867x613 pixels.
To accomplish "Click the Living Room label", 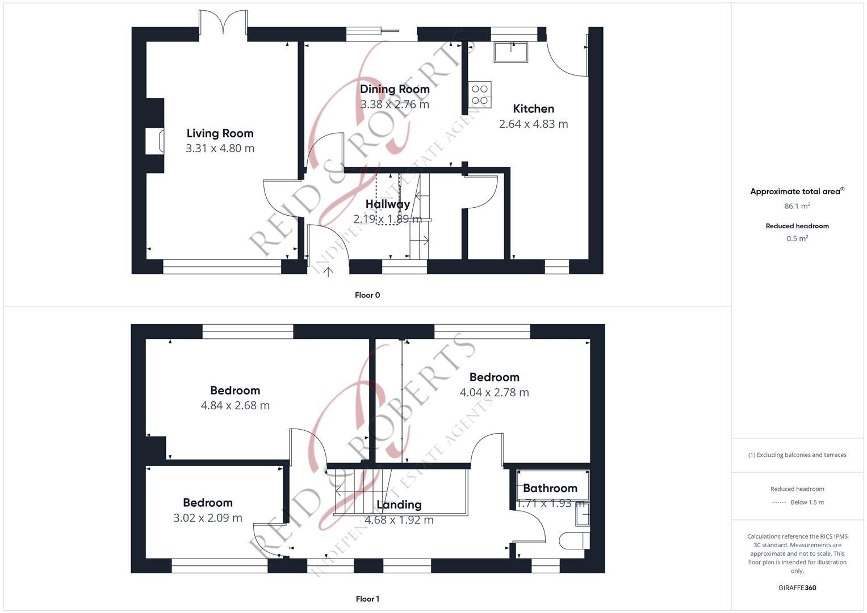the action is tap(220, 133).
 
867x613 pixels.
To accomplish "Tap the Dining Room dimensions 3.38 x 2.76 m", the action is tap(395, 104).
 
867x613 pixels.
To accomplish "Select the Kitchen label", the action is tap(533, 109).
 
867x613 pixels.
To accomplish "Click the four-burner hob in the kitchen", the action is tap(480, 94).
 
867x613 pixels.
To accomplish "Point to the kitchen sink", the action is tap(511, 52).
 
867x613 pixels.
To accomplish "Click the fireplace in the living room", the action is tap(155, 141).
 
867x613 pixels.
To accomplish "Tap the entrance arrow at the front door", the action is tap(328, 272).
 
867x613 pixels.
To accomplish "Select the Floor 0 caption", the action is tap(367, 295).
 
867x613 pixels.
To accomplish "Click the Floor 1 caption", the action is tap(367, 599).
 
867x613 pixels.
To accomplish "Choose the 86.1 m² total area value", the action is tap(797, 206).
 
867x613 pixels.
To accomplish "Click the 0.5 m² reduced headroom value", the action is tap(797, 238).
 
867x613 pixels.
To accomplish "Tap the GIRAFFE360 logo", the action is tap(797, 587).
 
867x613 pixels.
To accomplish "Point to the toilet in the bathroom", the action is tap(575, 540).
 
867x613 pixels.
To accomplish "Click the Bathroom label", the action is tap(550, 488).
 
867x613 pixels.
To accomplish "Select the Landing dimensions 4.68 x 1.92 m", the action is tap(399, 520).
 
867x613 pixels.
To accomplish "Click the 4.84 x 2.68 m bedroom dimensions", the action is tap(235, 405).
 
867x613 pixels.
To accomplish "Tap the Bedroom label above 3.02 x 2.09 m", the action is tap(208, 503).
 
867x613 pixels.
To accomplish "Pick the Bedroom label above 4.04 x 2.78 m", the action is tap(495, 377).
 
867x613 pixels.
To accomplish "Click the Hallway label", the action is tap(387, 204).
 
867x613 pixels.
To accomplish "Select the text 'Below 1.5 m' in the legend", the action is tap(807, 502).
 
